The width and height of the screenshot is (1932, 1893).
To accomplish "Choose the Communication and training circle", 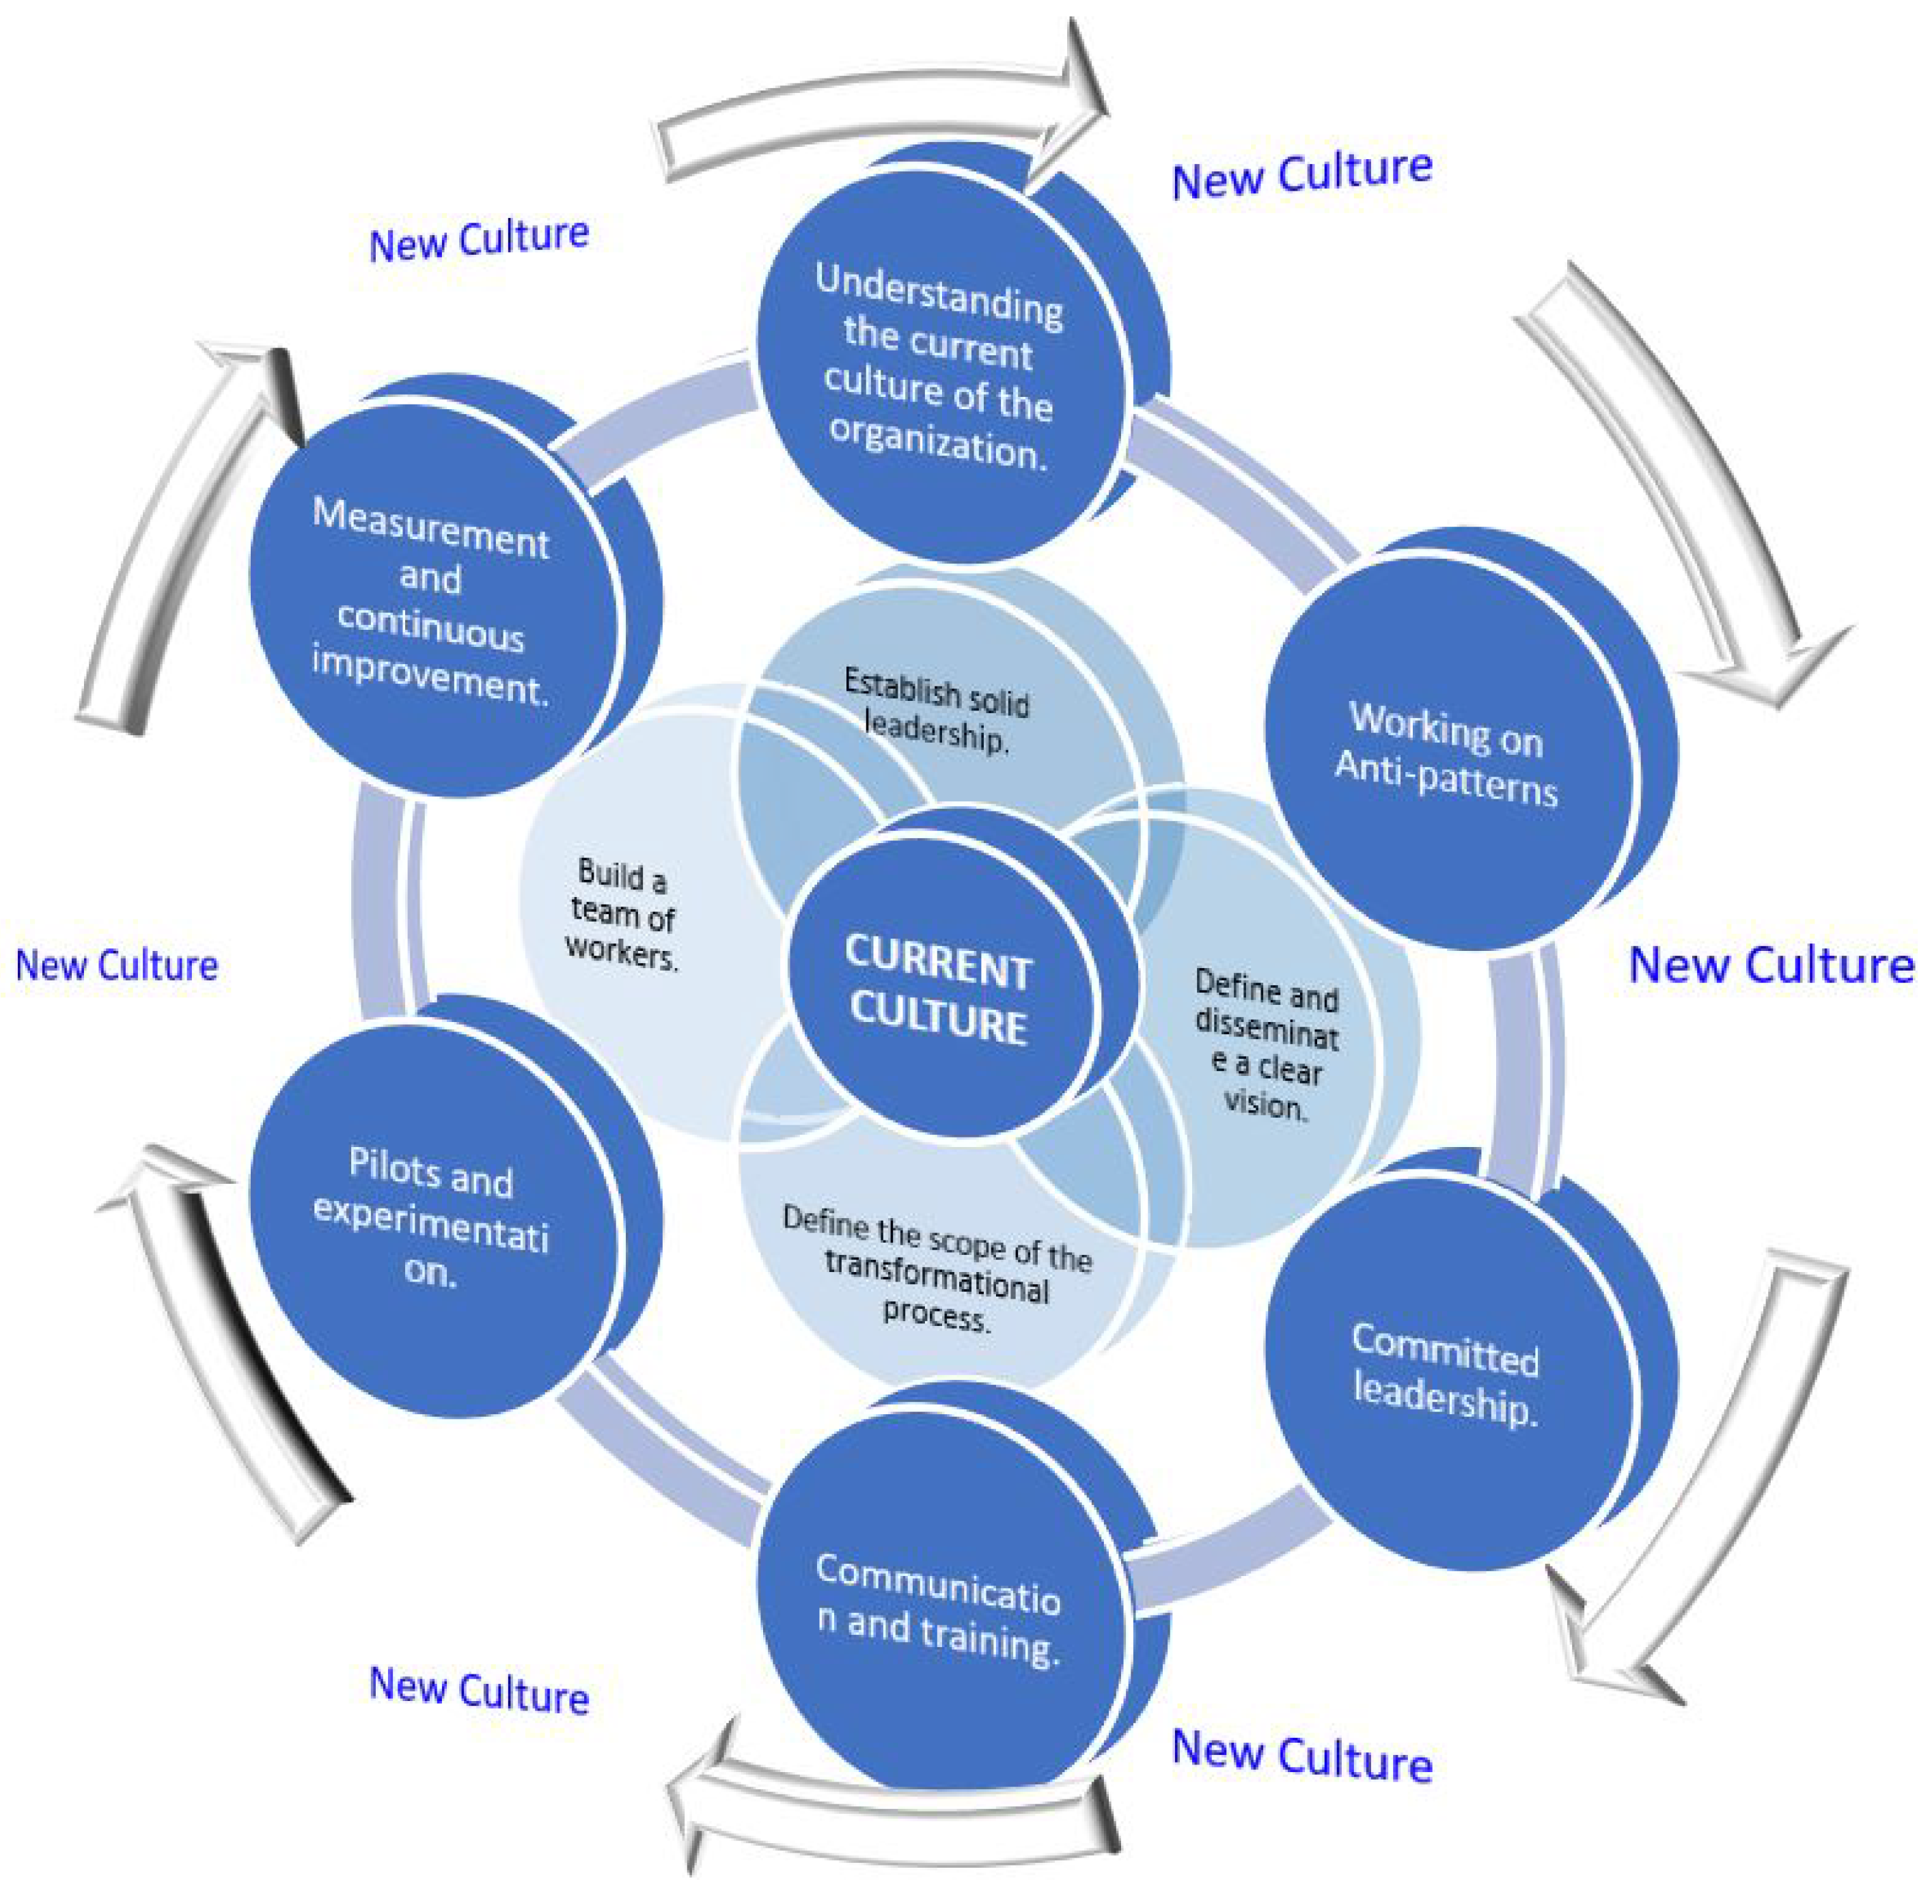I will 939,1611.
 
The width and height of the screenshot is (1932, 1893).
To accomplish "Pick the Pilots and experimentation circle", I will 432,1218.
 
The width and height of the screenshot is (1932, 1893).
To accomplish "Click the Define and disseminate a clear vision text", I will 1265,1044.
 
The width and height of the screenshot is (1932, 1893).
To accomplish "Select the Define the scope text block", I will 937,1268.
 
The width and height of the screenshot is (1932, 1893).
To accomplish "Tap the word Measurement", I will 430,527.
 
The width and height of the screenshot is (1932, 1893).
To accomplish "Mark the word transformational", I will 937,1275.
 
